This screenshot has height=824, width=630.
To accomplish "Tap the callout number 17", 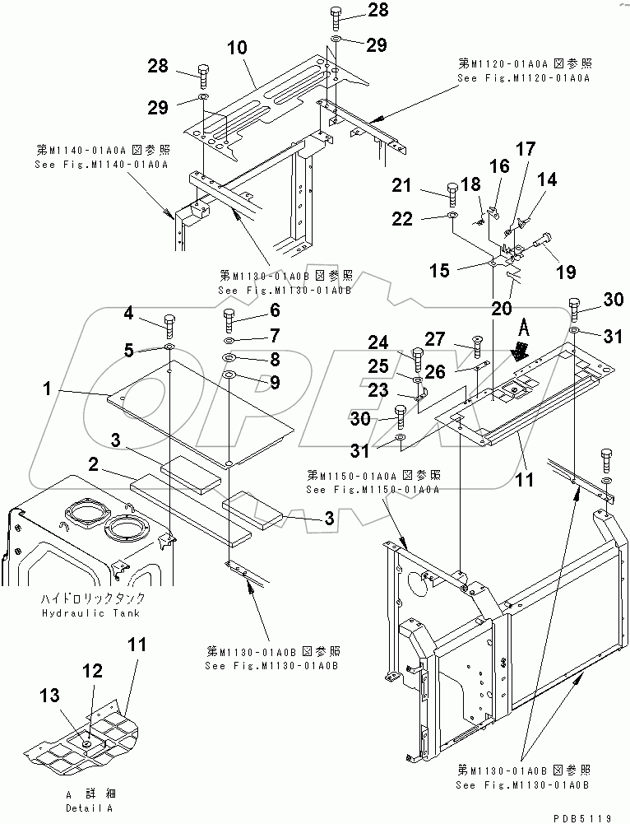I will pos(523,149).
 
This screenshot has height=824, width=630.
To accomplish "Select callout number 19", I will pos(564,272).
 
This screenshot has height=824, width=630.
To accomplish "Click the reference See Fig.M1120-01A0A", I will pos(524,77).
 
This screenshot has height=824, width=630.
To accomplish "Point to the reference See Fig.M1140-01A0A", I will pos(102,165).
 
